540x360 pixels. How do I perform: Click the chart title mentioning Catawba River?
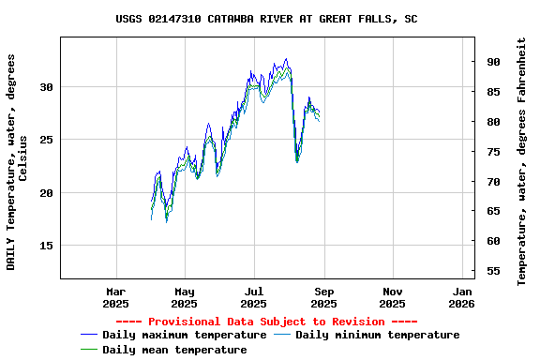point(267,19)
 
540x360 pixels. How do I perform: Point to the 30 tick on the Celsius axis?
point(48,87)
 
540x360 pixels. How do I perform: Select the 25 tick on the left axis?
point(48,140)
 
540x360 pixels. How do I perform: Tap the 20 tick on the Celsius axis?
point(48,193)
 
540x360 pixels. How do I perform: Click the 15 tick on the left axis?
point(48,246)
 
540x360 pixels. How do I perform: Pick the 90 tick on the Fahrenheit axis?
point(493,62)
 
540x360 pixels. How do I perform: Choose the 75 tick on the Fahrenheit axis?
point(493,152)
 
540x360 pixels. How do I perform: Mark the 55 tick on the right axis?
point(493,271)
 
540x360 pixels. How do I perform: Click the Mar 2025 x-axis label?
point(115,297)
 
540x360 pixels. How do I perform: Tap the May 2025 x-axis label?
point(185,297)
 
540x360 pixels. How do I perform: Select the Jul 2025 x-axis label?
point(254,297)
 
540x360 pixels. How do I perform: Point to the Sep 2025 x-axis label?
point(323,297)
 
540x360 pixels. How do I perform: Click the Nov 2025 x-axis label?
point(393,297)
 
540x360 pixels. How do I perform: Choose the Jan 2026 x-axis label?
point(461,297)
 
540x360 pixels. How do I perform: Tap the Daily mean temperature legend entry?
point(174,350)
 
